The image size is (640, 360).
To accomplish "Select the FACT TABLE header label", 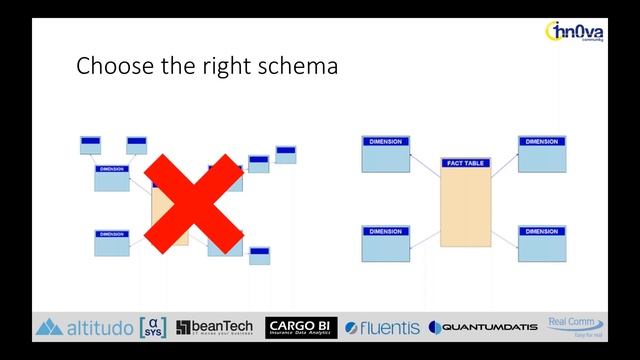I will click(465, 162).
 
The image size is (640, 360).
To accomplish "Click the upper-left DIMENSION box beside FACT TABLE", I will click(386, 154).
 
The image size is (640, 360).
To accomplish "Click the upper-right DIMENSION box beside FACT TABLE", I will click(542, 154).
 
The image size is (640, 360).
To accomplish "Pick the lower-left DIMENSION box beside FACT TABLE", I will click(386, 243).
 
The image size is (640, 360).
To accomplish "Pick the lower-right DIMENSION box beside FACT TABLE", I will click(542, 243).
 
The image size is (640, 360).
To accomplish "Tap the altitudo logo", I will click(84, 327).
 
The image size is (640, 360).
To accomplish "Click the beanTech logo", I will click(215, 327).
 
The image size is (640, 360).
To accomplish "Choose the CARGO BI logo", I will click(300, 327).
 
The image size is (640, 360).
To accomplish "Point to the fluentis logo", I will click(381, 327).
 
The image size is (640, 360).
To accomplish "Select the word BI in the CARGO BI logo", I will click(322, 324).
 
